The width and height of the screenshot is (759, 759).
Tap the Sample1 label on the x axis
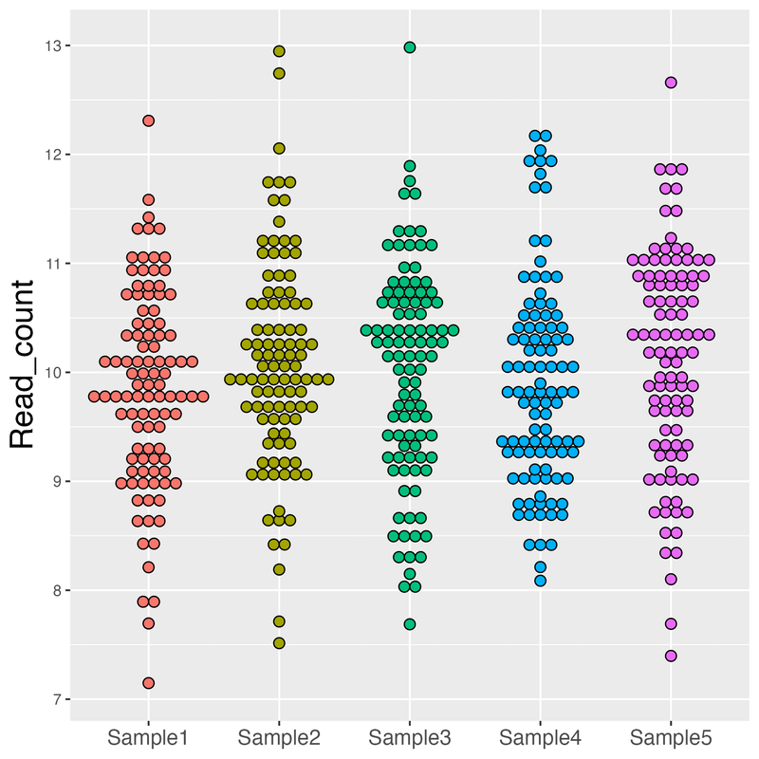click(x=148, y=736)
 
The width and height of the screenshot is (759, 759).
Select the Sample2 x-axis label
click(x=279, y=736)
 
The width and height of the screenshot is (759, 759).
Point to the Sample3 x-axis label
click(x=410, y=736)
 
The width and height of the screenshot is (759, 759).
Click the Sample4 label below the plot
click(x=540, y=736)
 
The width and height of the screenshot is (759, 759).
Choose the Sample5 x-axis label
click(x=671, y=736)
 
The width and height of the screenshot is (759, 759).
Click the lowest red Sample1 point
click(x=149, y=682)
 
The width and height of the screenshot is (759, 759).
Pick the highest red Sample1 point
click(x=149, y=120)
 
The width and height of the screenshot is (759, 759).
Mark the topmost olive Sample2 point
click(x=279, y=51)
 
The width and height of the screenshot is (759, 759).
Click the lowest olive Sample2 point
click(x=279, y=642)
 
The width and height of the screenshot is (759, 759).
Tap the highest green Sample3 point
click(x=410, y=46)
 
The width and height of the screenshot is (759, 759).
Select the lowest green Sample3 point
click(x=410, y=623)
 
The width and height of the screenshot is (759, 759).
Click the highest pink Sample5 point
click(x=671, y=83)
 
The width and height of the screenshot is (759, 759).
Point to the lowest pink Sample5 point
click(x=671, y=656)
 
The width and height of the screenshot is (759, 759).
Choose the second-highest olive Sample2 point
click(x=279, y=73)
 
